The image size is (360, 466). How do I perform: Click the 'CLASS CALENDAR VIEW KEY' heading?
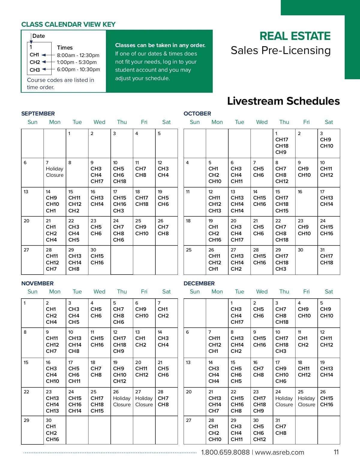(68, 25)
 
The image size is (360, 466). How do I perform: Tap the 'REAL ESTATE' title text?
(295, 36)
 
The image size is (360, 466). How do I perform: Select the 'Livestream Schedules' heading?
(283, 101)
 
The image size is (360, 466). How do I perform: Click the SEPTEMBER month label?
(38, 114)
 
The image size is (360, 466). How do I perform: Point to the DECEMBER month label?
(199, 284)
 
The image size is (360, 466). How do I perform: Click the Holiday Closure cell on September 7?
(55, 172)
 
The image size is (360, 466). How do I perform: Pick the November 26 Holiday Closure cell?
(121, 401)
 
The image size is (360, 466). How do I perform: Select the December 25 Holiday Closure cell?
(306, 401)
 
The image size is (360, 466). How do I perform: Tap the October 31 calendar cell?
(328, 260)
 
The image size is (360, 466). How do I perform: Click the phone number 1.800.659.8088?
(225, 452)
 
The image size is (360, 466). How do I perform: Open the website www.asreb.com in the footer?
(279, 452)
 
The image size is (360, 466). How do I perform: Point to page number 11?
(336, 452)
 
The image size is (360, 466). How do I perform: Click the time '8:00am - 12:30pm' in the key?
(78, 55)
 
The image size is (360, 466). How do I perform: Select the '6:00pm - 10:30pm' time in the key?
(78, 69)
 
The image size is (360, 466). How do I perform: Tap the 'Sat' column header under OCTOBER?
(329, 122)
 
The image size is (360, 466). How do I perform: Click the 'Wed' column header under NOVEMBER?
(99, 292)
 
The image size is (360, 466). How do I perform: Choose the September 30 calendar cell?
(99, 260)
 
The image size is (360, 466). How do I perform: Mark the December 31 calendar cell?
(284, 430)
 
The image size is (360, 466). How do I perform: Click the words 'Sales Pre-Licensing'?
(280, 50)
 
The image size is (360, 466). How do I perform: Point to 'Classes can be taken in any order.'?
(160, 45)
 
